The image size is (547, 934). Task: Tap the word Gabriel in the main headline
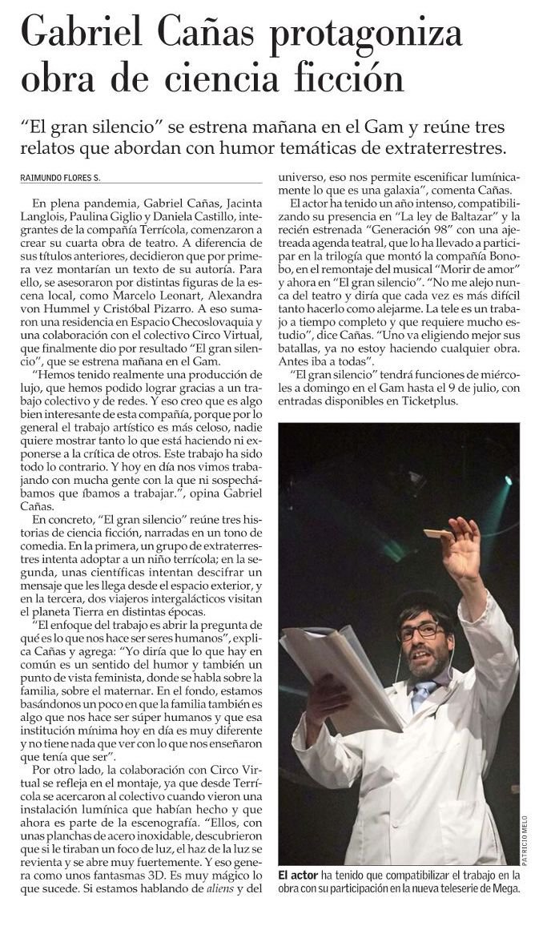click(83, 35)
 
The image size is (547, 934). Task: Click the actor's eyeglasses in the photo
click(419, 631)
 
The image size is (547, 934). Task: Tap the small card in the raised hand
click(438, 533)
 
